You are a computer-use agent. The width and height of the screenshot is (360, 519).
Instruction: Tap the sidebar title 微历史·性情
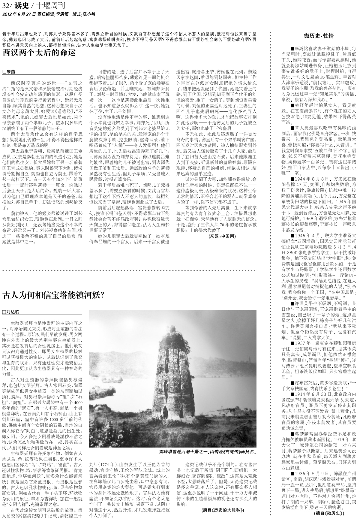(x=319, y=36)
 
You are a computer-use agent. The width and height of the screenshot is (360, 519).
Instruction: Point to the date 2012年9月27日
(x=19, y=14)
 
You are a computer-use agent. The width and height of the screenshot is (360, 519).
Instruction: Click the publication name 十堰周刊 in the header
(x=52, y=6)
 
